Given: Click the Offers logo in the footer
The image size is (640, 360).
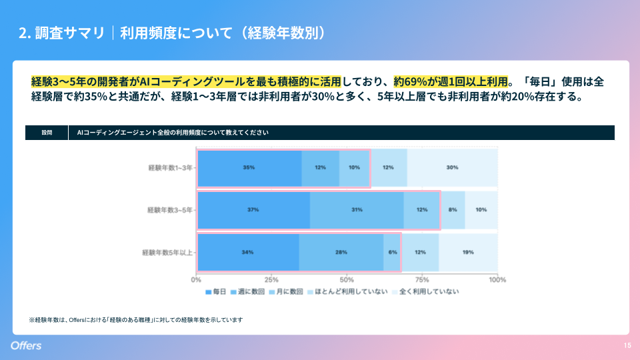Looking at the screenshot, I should click(26, 345).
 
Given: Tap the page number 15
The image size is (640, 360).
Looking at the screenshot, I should click(627, 345).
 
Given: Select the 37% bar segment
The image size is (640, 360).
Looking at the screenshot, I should click(253, 210).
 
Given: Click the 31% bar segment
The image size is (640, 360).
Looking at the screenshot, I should click(357, 210).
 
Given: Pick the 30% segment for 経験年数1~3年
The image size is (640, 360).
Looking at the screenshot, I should click(452, 167).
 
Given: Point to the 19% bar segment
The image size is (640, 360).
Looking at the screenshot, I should click(468, 252).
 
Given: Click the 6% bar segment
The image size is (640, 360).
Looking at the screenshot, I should click(392, 252).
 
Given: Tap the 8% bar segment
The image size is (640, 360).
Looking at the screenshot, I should click(453, 210).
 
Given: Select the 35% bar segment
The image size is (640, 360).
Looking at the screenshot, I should click(249, 167).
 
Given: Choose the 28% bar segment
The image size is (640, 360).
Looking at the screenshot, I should click(341, 252).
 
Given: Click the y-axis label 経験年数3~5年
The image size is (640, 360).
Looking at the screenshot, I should click(170, 210).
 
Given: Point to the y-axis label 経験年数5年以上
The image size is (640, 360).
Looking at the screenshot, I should click(167, 253).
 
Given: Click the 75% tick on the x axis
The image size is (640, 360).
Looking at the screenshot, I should click(422, 279).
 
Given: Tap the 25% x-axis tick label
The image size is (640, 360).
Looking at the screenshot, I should click(271, 279).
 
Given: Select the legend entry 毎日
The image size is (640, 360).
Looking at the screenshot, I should click(216, 291).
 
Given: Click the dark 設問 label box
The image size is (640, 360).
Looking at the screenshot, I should click(47, 133).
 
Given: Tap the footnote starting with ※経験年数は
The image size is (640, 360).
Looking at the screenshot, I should click(135, 320).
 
